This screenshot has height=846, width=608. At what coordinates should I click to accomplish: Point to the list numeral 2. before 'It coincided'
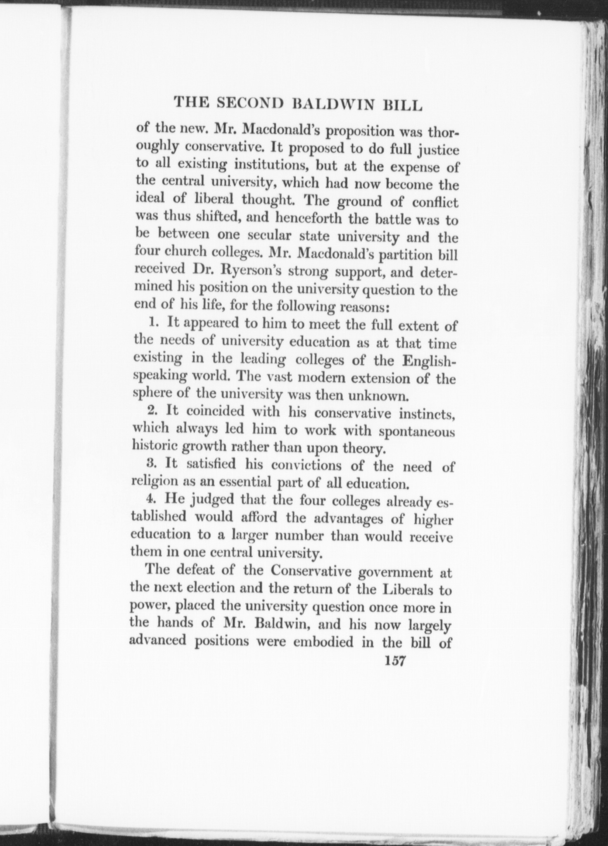(x=153, y=411)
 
